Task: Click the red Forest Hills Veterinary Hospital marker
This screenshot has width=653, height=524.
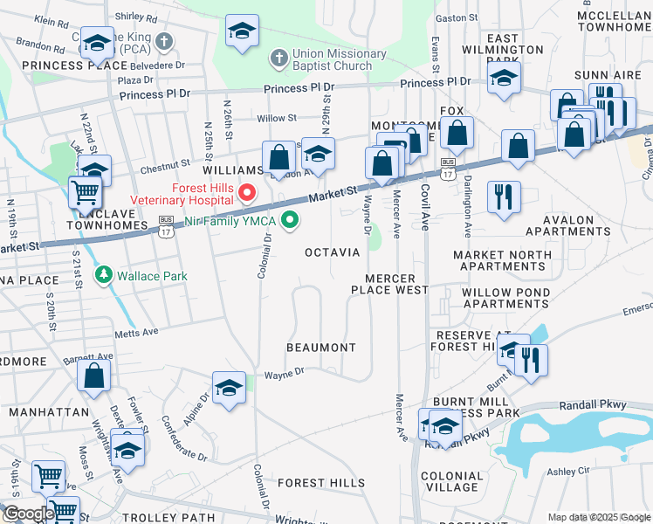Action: pos(247,192)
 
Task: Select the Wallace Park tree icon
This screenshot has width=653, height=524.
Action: pos(104,276)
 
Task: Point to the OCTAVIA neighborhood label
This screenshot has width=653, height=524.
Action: pos(332,252)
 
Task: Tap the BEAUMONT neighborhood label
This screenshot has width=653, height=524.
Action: pos(322,348)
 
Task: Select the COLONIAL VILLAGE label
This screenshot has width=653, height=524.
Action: pos(452,481)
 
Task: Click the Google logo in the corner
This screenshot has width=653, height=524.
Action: pos(28,514)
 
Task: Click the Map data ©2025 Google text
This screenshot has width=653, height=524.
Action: pos(599,518)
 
